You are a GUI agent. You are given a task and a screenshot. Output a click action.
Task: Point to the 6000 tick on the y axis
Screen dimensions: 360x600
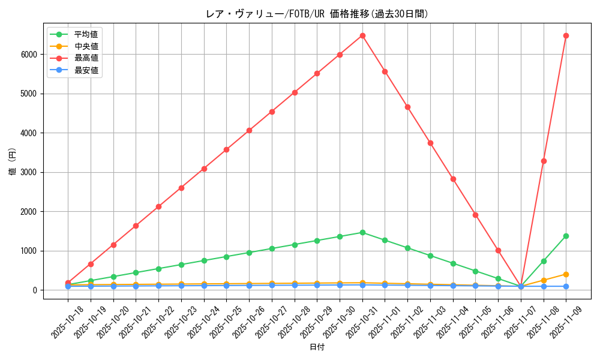tap(29, 55)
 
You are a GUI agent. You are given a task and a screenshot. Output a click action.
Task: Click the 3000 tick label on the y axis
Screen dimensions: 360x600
tap(29, 172)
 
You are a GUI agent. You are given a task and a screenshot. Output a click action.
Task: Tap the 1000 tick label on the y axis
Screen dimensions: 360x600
tap(29, 251)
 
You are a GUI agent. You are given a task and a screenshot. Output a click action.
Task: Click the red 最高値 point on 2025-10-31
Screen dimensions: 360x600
tap(362, 35)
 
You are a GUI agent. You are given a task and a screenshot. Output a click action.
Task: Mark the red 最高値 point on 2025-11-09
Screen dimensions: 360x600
tap(566, 35)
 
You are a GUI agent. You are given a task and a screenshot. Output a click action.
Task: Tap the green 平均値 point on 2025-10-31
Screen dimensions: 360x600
tap(362, 232)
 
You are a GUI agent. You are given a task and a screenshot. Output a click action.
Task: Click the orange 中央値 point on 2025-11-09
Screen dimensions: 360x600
tap(566, 274)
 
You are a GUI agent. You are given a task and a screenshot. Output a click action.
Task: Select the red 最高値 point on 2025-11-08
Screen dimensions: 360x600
tap(544, 161)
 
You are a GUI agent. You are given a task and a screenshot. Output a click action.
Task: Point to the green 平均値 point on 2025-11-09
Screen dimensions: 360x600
tap(566, 236)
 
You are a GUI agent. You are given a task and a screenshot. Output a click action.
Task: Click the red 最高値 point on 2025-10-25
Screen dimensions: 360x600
tap(226, 149)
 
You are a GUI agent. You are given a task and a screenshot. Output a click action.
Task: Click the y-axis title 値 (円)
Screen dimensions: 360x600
tap(13, 161)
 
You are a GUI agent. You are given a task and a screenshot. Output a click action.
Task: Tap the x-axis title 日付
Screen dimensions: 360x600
tap(317, 347)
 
